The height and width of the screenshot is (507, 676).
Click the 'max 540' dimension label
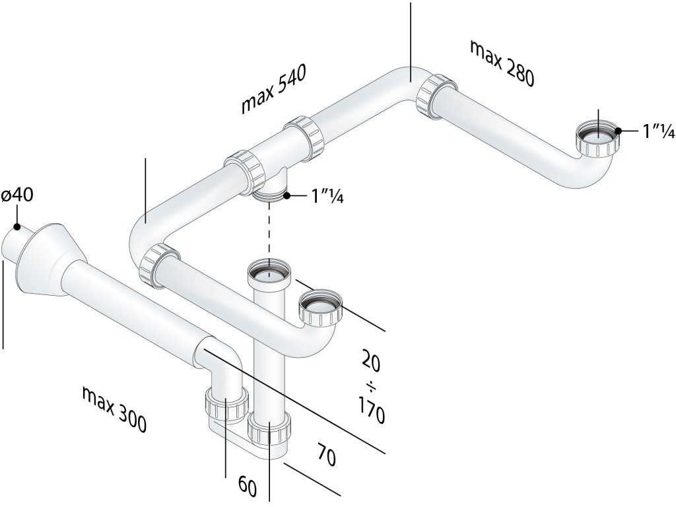pyautogui.click(x=274, y=89)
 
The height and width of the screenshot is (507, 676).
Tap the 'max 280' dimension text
pyautogui.click(x=502, y=63)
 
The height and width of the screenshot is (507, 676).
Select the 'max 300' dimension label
pyautogui.click(x=114, y=409)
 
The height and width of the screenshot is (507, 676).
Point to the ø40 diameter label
pyautogui.click(x=17, y=195)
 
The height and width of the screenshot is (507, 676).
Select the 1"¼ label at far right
pyautogui.click(x=659, y=131)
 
